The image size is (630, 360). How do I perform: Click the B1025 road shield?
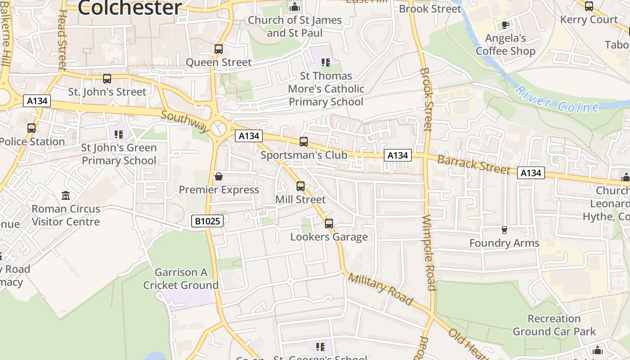pos(207,221)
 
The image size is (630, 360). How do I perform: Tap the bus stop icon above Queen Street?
pos(219,49)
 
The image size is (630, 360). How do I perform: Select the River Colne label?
pos(557,100)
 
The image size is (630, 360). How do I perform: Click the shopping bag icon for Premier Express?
pos(219,176)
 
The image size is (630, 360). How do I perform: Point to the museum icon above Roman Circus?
pos(66,196)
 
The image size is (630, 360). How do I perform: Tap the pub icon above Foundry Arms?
pos(504,230)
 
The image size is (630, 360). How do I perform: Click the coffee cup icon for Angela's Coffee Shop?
pos(505,25)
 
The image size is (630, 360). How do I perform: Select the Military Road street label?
pos(380,289)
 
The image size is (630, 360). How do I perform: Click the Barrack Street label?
pos(473,165)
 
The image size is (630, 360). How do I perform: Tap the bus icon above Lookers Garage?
pos(329,224)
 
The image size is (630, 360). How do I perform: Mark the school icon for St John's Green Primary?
pos(119,134)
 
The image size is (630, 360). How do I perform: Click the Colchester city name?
pos(130,8)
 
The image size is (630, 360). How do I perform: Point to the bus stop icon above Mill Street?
pos(301,186)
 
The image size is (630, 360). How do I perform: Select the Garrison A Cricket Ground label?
pos(181,279)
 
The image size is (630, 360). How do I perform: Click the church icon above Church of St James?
pos(295,7)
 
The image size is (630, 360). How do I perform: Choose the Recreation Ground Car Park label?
pos(554,325)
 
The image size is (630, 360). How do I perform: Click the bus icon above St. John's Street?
pos(107,79)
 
